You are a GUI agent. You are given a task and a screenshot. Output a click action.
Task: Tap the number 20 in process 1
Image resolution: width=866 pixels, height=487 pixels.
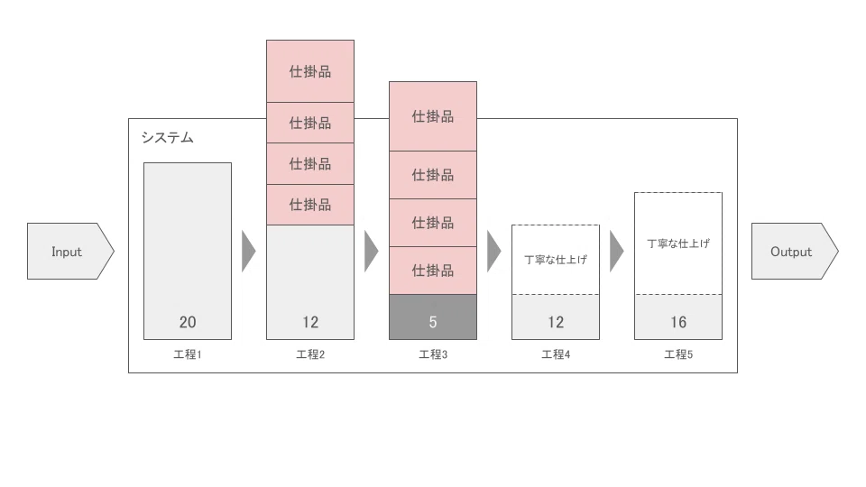tap(188, 322)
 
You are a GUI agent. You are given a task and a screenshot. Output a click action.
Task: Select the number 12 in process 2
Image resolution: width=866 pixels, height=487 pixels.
tap(310, 322)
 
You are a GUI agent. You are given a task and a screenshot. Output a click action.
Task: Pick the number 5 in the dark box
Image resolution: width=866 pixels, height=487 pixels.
tap(433, 322)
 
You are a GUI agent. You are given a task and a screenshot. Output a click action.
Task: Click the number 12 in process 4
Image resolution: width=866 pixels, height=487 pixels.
tap(556, 322)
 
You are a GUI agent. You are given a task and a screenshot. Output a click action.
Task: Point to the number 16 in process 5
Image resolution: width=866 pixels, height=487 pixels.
tap(678, 322)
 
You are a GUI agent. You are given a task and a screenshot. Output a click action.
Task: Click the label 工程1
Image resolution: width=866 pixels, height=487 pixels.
tap(188, 354)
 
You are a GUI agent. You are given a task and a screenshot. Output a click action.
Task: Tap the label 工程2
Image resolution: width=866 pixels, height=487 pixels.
tap(310, 354)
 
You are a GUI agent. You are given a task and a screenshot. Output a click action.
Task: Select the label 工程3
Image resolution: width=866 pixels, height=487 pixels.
tap(433, 354)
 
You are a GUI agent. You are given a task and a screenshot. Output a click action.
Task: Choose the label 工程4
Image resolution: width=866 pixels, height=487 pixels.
tap(556, 354)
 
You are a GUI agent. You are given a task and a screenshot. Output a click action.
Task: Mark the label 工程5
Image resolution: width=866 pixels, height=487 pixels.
tap(678, 354)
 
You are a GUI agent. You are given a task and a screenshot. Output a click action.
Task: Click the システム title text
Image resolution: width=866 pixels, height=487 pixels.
tap(168, 137)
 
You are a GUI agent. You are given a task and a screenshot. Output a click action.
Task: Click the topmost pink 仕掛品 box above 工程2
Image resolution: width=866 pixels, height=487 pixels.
tap(310, 71)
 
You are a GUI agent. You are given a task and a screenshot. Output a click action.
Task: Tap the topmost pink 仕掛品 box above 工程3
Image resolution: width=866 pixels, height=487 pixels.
tap(433, 116)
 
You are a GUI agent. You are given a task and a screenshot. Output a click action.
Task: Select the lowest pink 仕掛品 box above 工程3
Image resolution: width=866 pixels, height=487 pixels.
tap(433, 271)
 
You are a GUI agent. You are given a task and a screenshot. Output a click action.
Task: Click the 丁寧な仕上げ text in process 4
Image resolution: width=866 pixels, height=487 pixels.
tap(556, 260)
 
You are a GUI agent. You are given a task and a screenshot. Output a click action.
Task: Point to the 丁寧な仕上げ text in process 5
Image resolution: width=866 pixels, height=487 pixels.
tap(678, 243)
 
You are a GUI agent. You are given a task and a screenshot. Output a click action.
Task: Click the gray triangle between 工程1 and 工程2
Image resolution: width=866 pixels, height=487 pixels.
tap(248, 252)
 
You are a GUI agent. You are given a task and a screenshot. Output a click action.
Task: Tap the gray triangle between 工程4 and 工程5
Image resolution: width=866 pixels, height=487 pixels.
tap(616, 252)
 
